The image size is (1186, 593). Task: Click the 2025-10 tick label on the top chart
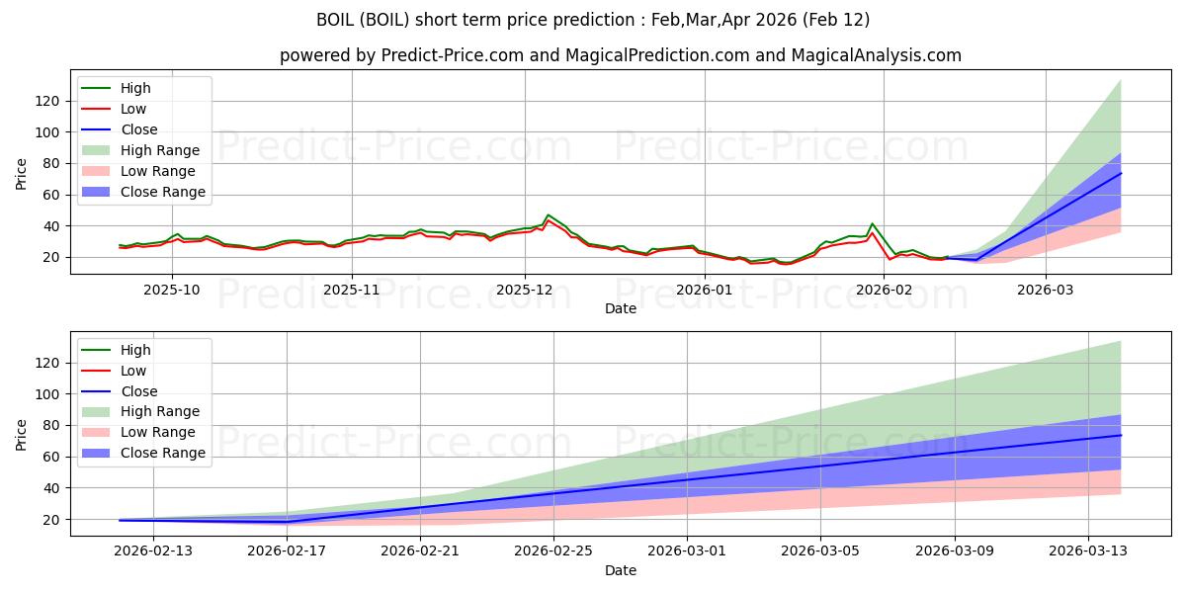(x=172, y=290)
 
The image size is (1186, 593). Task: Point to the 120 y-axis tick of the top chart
(x=47, y=101)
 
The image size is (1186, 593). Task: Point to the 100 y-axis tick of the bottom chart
(x=47, y=393)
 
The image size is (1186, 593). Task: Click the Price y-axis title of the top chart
(x=21, y=174)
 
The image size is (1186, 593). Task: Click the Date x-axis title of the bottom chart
(x=621, y=570)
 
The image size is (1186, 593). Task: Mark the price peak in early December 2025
(x=548, y=215)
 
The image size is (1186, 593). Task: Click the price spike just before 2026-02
(x=872, y=224)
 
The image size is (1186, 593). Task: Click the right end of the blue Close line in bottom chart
(x=1121, y=435)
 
